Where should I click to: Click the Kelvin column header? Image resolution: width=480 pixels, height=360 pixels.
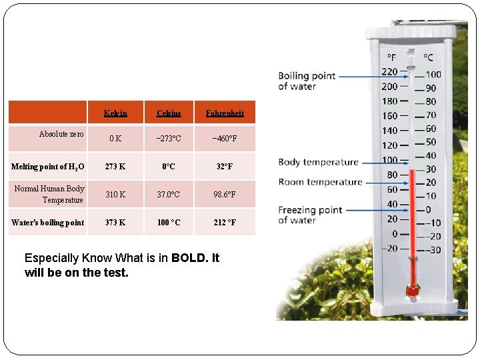pos(115,113)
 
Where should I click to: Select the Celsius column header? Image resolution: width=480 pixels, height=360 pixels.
pos(169,113)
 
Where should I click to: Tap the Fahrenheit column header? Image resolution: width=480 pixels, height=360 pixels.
pos(225,113)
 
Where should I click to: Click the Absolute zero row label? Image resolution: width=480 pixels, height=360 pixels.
pos(61,134)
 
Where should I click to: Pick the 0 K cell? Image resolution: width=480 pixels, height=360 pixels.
pos(115,139)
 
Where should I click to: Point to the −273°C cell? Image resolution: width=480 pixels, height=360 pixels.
pos(169,139)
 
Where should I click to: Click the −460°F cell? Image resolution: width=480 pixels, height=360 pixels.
pos(225,139)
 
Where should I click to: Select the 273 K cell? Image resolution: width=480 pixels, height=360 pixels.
pos(115,167)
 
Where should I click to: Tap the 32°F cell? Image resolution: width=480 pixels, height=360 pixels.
pos(225,167)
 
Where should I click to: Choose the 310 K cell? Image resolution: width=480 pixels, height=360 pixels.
pos(115,195)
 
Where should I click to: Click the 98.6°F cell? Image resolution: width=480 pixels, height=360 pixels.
pos(225,195)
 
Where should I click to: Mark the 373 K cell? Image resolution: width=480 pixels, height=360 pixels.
pos(115,223)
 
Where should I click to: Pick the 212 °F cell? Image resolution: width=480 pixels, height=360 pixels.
pos(225,223)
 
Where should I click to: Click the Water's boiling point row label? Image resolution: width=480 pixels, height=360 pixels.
pos(48,223)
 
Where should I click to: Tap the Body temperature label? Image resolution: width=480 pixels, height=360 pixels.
pos(318,162)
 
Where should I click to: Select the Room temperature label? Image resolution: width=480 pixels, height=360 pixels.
pos(320,182)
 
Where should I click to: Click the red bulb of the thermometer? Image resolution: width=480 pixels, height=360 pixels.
pos(413,290)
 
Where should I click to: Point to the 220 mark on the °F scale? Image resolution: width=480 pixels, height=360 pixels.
pos(389,72)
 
